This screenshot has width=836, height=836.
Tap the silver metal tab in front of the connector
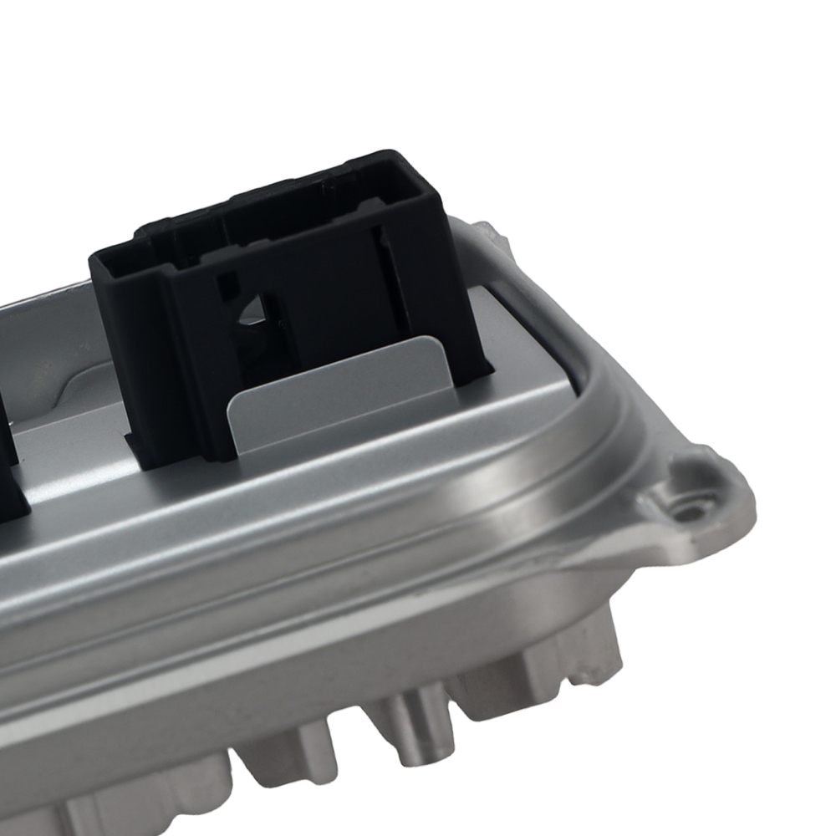click(x=334, y=393)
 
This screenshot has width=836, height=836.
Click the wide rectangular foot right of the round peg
click(x=535, y=669)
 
